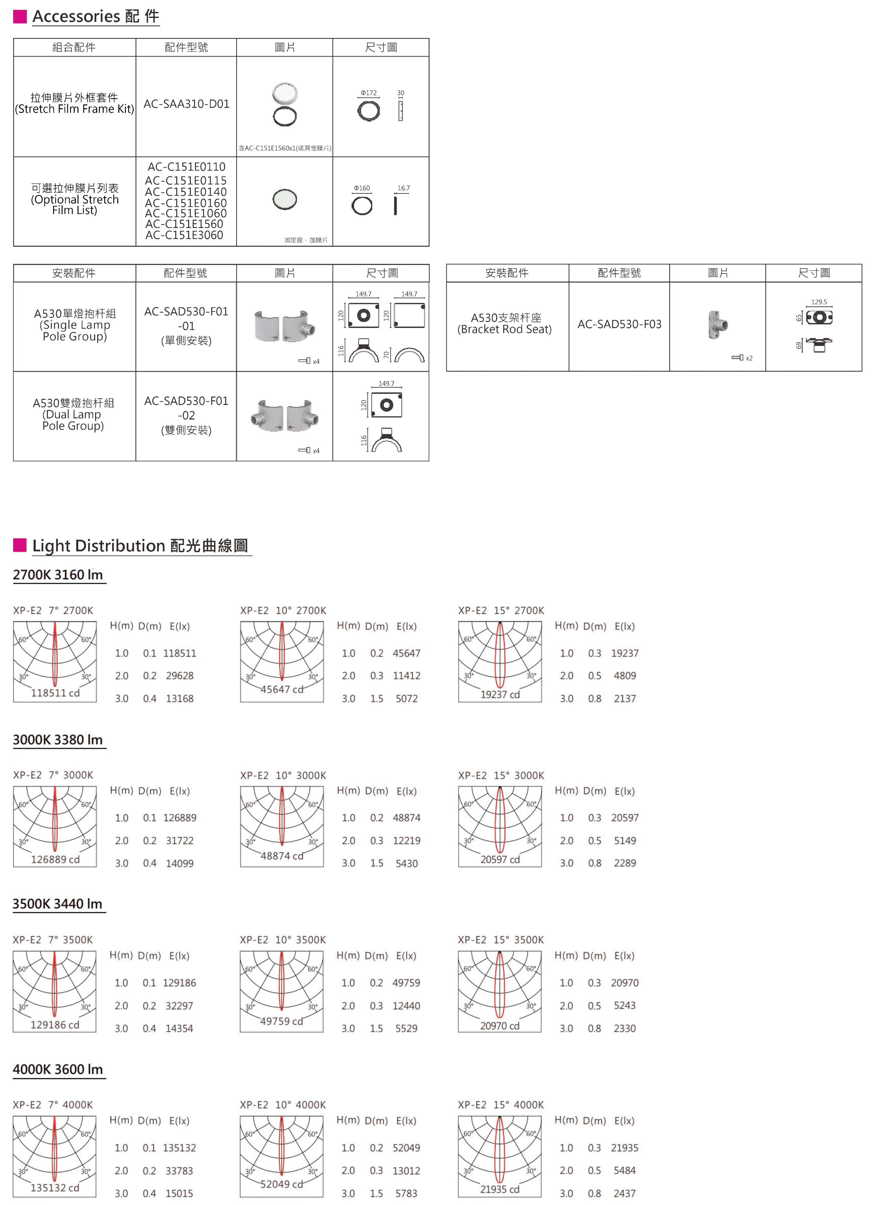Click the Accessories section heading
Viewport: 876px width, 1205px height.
[95, 16]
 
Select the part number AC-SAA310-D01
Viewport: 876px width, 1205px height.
[186, 104]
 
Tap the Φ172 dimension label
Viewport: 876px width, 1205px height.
[369, 93]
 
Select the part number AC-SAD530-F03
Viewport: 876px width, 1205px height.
[619, 324]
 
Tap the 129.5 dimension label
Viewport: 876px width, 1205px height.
[819, 302]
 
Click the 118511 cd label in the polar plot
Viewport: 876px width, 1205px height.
[55, 693]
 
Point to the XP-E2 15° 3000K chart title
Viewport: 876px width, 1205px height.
[501, 775]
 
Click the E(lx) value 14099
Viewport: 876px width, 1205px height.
[180, 863]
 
